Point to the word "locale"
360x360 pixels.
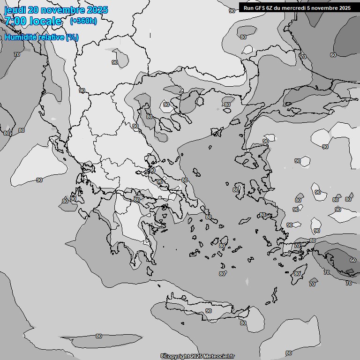[45, 21]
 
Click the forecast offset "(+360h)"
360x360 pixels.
[83, 21]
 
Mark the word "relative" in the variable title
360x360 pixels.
[52, 37]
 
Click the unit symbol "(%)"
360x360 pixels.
[72, 37]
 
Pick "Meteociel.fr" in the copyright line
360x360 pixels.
[219, 356]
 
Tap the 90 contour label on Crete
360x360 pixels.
[208, 311]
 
